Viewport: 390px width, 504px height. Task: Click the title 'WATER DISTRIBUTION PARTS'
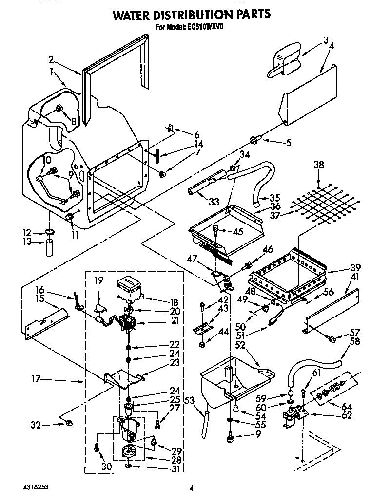192,15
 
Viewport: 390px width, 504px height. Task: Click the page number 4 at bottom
192,487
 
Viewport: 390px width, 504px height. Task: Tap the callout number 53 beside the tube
191,400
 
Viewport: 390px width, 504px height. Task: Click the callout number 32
36,425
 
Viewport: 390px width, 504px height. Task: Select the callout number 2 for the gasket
51,60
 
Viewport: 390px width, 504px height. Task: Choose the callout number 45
237,231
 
